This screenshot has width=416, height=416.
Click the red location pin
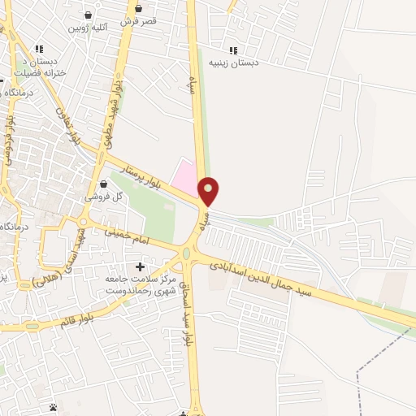pos(209,191)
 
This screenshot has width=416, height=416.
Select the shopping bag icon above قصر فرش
pos(137,9)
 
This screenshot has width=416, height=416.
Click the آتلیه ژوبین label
pos(88,28)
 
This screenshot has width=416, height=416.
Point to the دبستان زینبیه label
pos(233,63)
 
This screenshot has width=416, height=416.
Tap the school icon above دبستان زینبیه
pos(234,50)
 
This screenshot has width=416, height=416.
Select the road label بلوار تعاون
pos(67,125)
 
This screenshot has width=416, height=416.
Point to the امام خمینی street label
pos(130,237)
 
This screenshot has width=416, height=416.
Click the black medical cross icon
pos(140,266)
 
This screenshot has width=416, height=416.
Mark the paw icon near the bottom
pos(54,407)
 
